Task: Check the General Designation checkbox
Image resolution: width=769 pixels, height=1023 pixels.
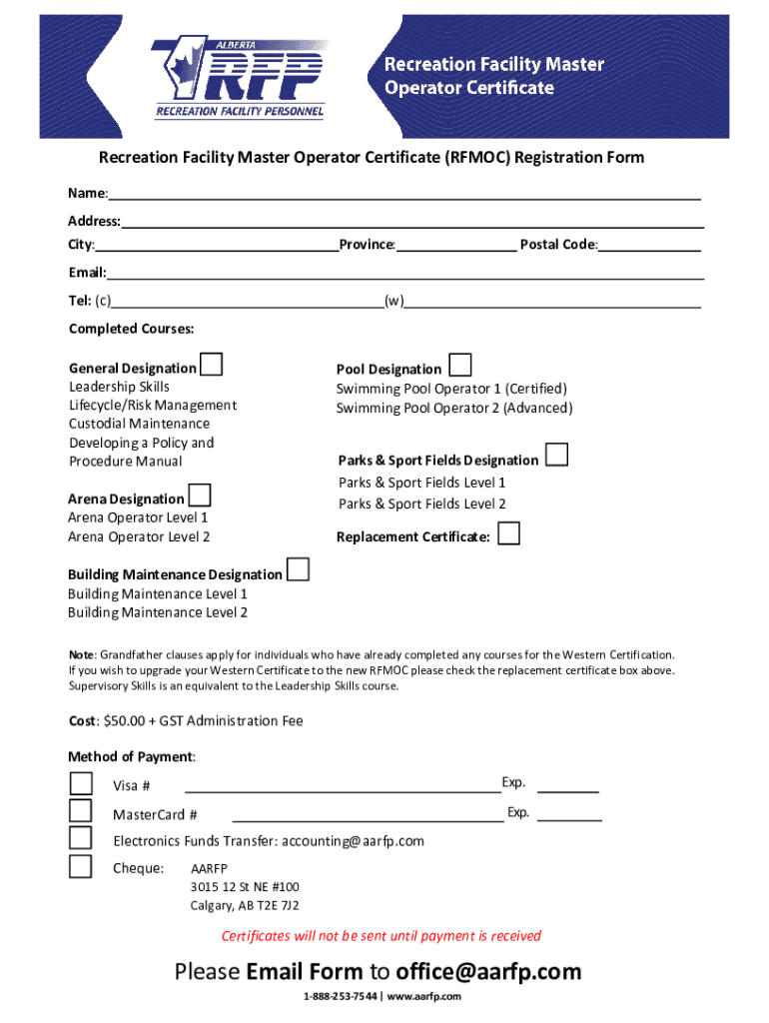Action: pos(211,365)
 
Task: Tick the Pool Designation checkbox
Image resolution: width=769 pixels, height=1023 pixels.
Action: pos(460,365)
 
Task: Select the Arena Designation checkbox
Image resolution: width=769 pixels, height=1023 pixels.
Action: pos(200,495)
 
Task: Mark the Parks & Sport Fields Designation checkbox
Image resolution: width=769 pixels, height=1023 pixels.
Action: pos(557,457)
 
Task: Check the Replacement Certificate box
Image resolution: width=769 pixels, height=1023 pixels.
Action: pos(509,533)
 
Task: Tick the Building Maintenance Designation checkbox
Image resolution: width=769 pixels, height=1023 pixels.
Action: pos(298,570)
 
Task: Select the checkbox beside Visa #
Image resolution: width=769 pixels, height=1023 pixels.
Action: pos(80,784)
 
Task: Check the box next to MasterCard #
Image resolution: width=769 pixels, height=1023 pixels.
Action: pos(80,811)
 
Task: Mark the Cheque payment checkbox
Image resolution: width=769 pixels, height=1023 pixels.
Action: pos(80,865)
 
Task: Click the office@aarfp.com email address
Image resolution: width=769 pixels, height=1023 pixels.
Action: pos(488,971)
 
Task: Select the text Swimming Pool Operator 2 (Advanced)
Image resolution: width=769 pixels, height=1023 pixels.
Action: pos(454,408)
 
